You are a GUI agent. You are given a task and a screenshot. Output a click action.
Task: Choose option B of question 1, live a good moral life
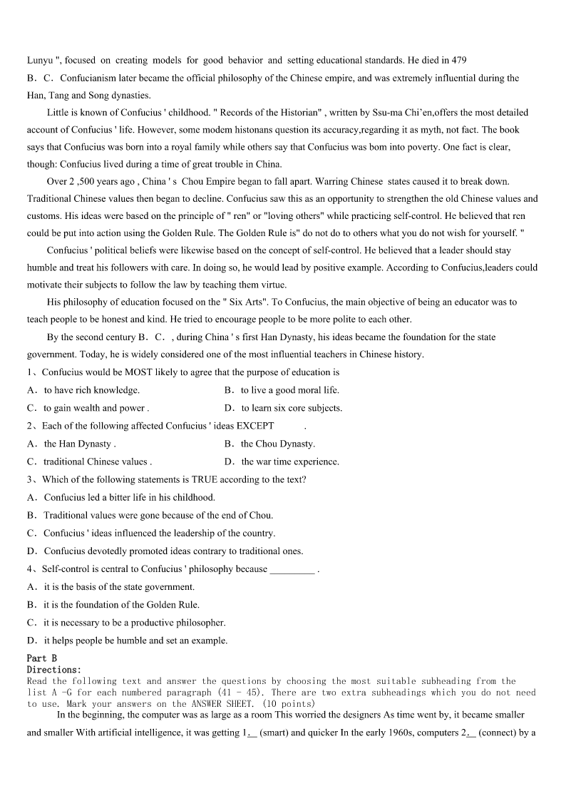[282, 390]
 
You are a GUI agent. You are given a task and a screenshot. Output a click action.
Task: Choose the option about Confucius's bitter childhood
[121, 497]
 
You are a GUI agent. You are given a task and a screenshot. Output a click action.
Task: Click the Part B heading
[41, 658]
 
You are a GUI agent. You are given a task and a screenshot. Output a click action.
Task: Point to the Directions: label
[54, 670]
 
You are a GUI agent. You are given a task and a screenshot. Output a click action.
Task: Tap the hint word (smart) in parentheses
[275, 715]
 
